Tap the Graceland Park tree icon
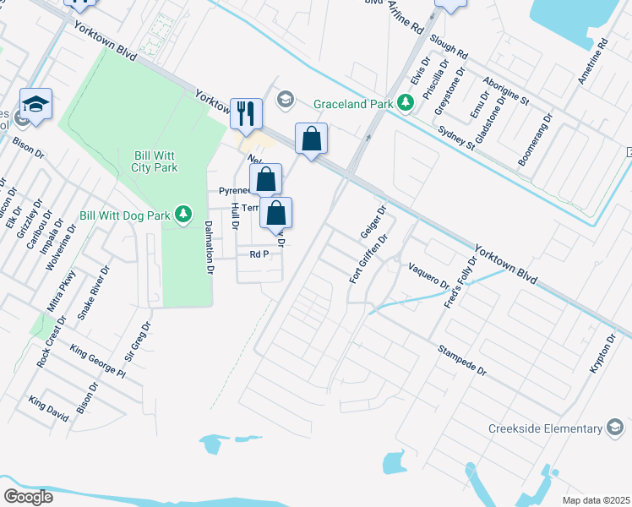tap(406, 103)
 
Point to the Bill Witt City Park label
tap(155, 161)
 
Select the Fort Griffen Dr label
tap(368, 259)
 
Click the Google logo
tap(28, 497)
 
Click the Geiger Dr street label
tap(373, 221)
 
